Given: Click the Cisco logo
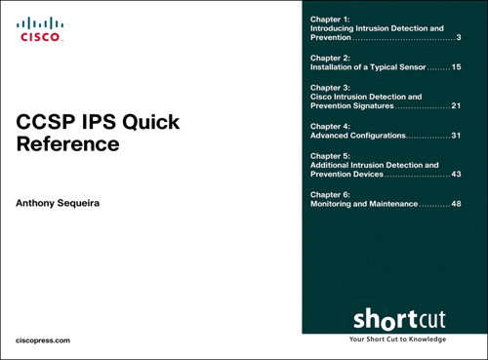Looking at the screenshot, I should tap(40, 29).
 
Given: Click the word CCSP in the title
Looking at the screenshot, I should tap(46, 124).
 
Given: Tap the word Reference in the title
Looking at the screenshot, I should tap(68, 145).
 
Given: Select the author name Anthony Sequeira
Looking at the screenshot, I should tap(66, 204).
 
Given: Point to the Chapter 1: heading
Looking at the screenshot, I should tap(329, 20).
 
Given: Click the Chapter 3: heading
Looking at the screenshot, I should tap(329, 88).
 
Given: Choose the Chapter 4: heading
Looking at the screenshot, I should tap(329, 126).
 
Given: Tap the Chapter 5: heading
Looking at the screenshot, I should tap(329, 156).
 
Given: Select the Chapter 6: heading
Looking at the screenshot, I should tap(329, 194).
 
